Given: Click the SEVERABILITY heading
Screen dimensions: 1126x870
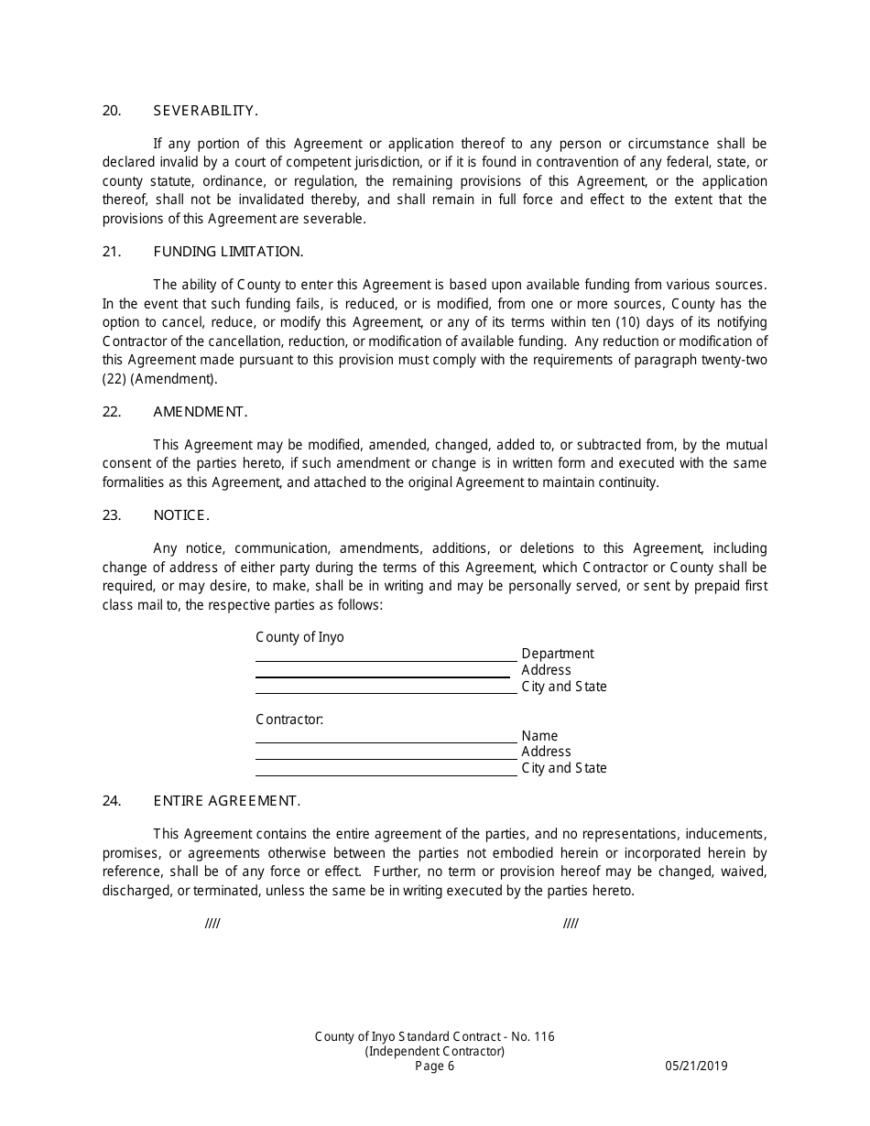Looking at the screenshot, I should (205, 111).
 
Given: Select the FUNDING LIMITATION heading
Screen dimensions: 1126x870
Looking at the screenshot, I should (228, 252).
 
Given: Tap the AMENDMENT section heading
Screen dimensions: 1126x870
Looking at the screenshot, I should (200, 412).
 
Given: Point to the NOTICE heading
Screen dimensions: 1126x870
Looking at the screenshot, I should (181, 515).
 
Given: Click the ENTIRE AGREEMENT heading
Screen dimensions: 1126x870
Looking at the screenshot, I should (226, 801).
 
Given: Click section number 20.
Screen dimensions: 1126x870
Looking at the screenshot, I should (112, 111).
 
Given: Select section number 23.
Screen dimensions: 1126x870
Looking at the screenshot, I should (112, 515).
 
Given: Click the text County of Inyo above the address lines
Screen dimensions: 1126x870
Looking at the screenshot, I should (299, 637).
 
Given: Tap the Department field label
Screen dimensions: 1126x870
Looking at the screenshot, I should (557, 654).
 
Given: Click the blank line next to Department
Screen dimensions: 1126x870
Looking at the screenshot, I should (386, 659).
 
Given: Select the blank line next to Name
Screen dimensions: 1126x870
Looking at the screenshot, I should (386, 741).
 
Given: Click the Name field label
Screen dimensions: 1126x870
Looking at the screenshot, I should (539, 736).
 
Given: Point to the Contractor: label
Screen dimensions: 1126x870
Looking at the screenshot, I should (289, 720).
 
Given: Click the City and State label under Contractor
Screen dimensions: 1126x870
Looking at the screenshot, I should (564, 768).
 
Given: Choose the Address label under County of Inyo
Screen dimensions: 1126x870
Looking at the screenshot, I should (546, 670).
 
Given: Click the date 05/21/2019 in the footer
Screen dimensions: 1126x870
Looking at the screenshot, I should (696, 1066).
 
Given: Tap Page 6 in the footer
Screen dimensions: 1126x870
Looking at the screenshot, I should (434, 1066).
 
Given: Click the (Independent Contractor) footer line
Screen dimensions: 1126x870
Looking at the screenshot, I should (434, 1051).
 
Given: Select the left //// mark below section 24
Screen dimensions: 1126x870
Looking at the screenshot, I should (212, 924).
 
